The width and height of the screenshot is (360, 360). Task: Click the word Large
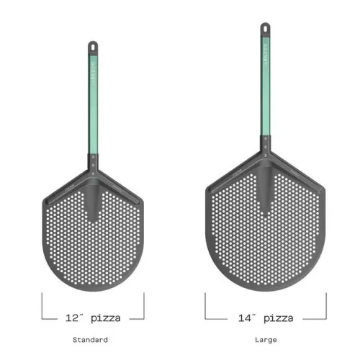[x=265, y=339]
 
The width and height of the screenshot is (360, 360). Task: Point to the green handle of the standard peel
[x=92, y=101]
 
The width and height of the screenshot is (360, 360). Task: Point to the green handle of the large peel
[x=264, y=94]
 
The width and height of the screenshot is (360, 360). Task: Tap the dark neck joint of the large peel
[x=264, y=153]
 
